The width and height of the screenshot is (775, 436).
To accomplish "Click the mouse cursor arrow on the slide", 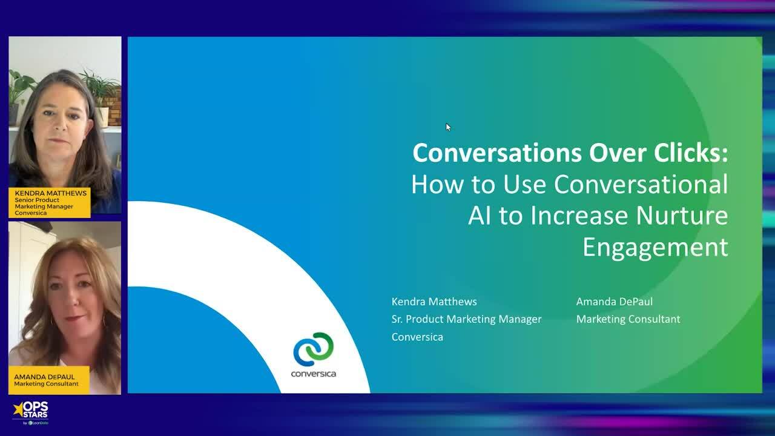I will pos(448,127).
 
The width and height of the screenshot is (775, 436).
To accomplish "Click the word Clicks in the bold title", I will pos(690,153).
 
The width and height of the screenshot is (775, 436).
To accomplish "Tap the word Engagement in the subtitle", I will pos(655,248).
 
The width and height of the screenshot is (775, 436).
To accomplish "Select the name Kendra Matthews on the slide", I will pos(434,302).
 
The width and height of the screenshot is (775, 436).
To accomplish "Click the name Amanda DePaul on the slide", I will pos(614,302).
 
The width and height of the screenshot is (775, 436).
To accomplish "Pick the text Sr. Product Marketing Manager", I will pos(466,319).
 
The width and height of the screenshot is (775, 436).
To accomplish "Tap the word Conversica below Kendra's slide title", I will pos(417,337).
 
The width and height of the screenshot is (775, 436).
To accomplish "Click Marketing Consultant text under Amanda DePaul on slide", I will pos(628,319).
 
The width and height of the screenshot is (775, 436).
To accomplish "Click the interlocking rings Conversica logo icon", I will pos(314,349).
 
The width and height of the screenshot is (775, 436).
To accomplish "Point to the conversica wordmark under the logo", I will pos(314,374).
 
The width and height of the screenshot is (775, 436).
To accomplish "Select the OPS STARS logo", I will pos(31,412).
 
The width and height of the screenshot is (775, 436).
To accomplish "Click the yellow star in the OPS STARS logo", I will pos(18,409).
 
